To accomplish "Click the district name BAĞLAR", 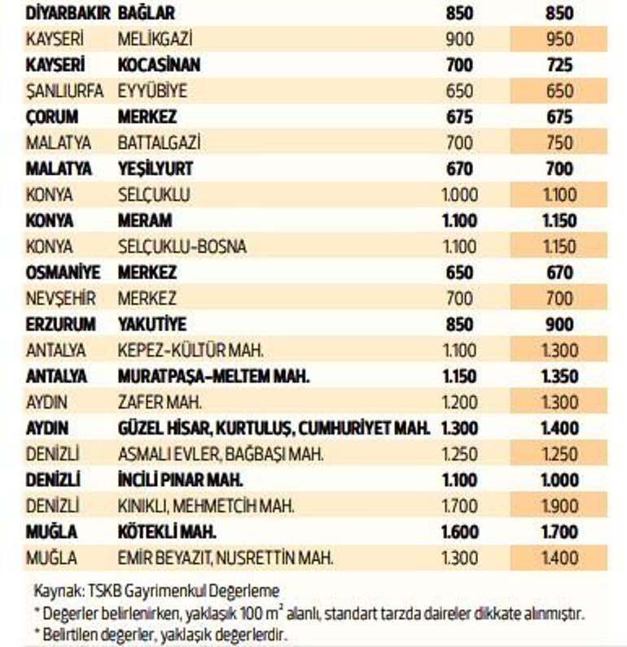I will [x=147, y=14].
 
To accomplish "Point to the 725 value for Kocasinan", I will [x=559, y=65].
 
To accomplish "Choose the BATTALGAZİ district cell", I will [x=159, y=143].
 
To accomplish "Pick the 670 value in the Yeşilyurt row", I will [x=459, y=169].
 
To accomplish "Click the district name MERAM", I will [x=145, y=221].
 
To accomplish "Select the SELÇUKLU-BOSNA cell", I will [x=182, y=247].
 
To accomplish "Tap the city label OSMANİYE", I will [x=61, y=273].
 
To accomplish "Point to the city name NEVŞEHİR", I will [x=60, y=299].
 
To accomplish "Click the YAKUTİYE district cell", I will [x=152, y=325].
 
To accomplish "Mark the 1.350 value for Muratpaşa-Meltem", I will [x=559, y=377].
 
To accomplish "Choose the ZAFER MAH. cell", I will [x=160, y=403].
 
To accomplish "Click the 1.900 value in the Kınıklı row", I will [x=559, y=506].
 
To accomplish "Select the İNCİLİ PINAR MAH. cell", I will [x=181, y=480].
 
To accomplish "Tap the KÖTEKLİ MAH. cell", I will [x=167, y=532].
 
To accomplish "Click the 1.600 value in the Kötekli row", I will [x=459, y=532].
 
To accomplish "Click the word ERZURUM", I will [x=60, y=325].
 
